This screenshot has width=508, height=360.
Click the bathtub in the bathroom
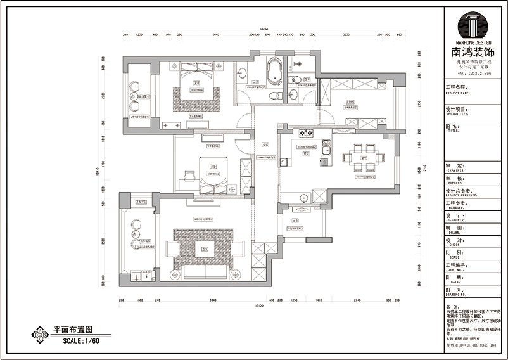[x=274, y=71]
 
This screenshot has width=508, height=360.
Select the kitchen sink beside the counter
[x=326, y=150]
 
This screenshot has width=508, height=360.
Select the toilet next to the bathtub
[x=274, y=96]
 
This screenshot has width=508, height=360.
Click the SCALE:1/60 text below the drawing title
[x=81, y=341]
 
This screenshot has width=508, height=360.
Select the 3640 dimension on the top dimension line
[x=215, y=35]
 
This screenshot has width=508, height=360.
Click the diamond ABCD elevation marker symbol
[x=39, y=333]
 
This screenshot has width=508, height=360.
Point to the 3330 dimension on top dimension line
[x=346, y=35]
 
